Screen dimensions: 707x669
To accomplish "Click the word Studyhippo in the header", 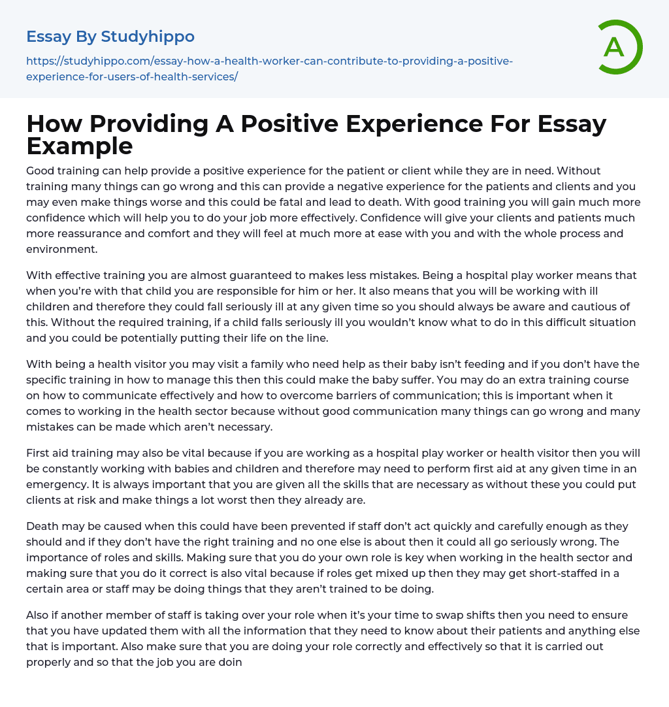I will (x=148, y=37).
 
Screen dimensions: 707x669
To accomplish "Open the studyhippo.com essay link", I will (x=269, y=69).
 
